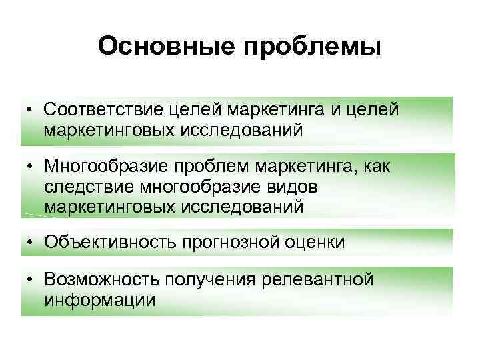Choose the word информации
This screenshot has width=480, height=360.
pos(100,300)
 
